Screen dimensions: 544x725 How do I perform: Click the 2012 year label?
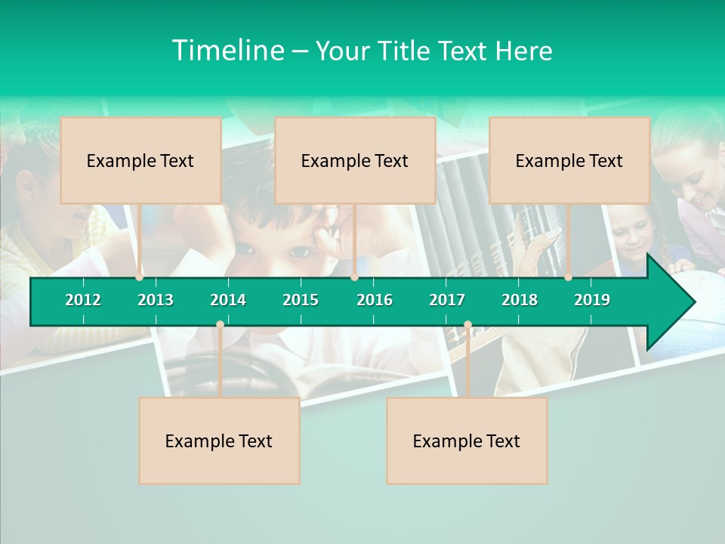tap(83, 300)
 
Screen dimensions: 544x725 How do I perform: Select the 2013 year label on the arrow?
tap(156, 300)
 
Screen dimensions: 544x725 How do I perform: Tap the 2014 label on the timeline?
tap(228, 300)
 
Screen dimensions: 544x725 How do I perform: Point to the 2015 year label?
tap(301, 300)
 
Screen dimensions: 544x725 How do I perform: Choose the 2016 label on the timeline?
tap(375, 300)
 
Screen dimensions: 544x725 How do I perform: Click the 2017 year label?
tap(447, 300)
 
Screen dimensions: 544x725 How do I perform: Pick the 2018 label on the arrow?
tap(520, 300)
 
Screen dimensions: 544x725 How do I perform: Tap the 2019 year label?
tap(592, 300)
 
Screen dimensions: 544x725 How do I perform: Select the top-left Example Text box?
tap(140, 160)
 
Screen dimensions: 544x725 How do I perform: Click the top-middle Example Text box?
tap(355, 160)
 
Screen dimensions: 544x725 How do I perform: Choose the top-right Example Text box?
tap(569, 160)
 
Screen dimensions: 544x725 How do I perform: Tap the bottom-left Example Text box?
tap(219, 440)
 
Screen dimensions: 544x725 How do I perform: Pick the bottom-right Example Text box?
tap(467, 440)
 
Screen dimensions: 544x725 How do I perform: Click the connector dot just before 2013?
tap(139, 277)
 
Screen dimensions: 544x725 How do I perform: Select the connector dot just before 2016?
tap(354, 277)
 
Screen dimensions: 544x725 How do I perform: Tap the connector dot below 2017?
tap(467, 325)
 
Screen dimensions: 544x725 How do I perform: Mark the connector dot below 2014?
tap(220, 325)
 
